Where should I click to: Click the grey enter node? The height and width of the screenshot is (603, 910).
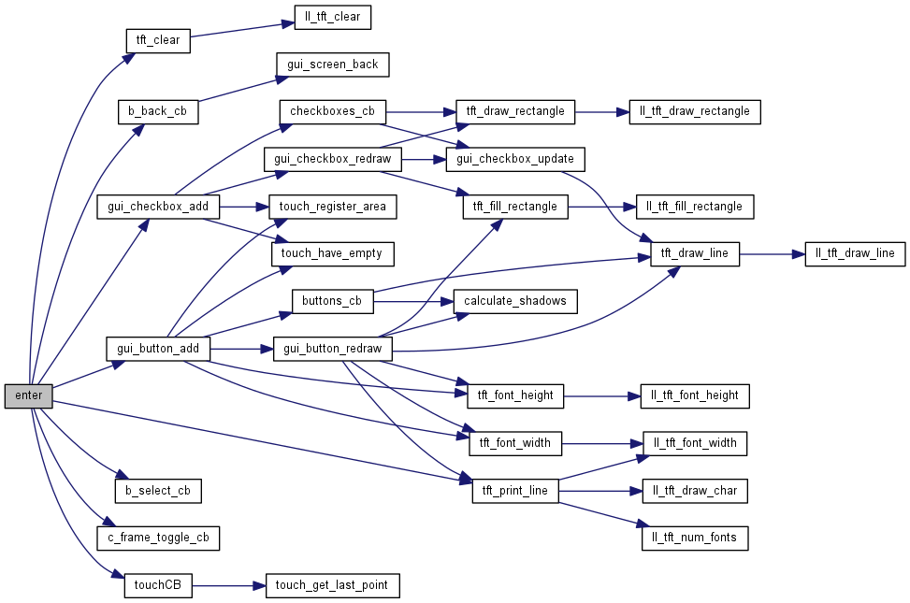pyautogui.click(x=29, y=395)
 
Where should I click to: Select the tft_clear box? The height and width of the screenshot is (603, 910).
pyautogui.click(x=158, y=40)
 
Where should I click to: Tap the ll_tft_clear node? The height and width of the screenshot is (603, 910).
pyautogui.click(x=333, y=17)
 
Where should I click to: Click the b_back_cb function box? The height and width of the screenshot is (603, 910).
pyautogui.click(x=158, y=110)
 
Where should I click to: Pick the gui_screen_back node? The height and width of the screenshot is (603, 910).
pyautogui.click(x=332, y=65)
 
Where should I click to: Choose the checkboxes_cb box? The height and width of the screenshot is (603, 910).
pyautogui.click(x=332, y=111)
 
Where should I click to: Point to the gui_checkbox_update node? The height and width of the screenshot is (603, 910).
pyautogui.click(x=515, y=159)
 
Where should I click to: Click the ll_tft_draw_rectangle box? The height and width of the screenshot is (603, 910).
pyautogui.click(x=694, y=111)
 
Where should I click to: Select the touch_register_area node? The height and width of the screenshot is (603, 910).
pyautogui.click(x=333, y=206)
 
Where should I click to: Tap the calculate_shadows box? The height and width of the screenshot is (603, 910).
pyautogui.click(x=515, y=301)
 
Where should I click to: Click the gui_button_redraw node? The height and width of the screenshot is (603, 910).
pyautogui.click(x=332, y=349)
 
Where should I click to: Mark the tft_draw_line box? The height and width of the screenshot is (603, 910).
pyautogui.click(x=694, y=253)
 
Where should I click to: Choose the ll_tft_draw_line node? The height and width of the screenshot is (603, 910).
pyautogui.click(x=855, y=253)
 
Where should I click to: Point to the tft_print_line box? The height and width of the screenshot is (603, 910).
pyautogui.click(x=515, y=490)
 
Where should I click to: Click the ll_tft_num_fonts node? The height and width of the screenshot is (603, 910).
pyautogui.click(x=694, y=538)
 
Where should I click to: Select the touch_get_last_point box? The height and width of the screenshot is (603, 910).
pyautogui.click(x=332, y=586)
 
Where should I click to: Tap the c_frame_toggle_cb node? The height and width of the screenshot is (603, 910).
pyautogui.click(x=158, y=538)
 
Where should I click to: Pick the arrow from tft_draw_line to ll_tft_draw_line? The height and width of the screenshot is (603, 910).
pyautogui.click(x=772, y=253)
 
